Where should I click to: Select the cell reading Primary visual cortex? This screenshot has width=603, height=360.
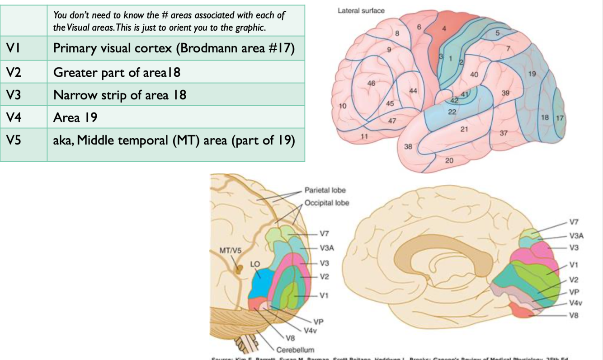[x=174, y=49]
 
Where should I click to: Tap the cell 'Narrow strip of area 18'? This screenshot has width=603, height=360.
[x=120, y=95]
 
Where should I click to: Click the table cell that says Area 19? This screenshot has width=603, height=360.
[x=75, y=117]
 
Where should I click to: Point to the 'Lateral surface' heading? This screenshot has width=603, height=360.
[x=361, y=11]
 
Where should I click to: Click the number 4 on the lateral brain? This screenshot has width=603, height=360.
[x=444, y=29]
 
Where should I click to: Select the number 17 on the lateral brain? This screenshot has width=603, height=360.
[x=560, y=118]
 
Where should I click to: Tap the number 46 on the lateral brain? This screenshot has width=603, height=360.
[x=371, y=83]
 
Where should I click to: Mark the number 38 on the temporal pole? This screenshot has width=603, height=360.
[x=408, y=146]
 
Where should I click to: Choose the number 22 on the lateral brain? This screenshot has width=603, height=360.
[x=452, y=112]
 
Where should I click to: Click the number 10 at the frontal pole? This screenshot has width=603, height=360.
[x=343, y=106]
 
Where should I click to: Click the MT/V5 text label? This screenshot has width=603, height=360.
[x=231, y=251]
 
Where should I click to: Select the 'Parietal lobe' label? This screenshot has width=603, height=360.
[x=325, y=191]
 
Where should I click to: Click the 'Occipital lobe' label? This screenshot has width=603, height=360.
[x=326, y=203]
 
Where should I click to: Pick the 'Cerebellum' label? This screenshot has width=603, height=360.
[x=295, y=350]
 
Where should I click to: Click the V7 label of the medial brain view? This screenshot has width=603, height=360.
[x=574, y=222]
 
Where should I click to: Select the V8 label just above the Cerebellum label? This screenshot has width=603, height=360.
[x=289, y=338]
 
